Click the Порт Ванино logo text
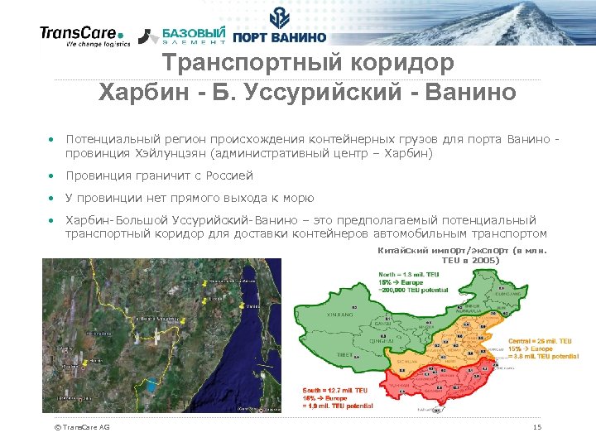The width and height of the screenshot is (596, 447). point(280,36)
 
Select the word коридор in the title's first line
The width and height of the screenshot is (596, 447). point(405,63)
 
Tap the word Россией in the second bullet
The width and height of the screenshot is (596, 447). point(228,175)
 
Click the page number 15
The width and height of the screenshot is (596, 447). point(537,427)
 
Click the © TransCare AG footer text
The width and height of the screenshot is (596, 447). point(81,427)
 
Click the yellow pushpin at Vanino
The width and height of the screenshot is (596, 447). point(241,305)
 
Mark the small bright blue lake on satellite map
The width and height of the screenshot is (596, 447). point(151,385)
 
